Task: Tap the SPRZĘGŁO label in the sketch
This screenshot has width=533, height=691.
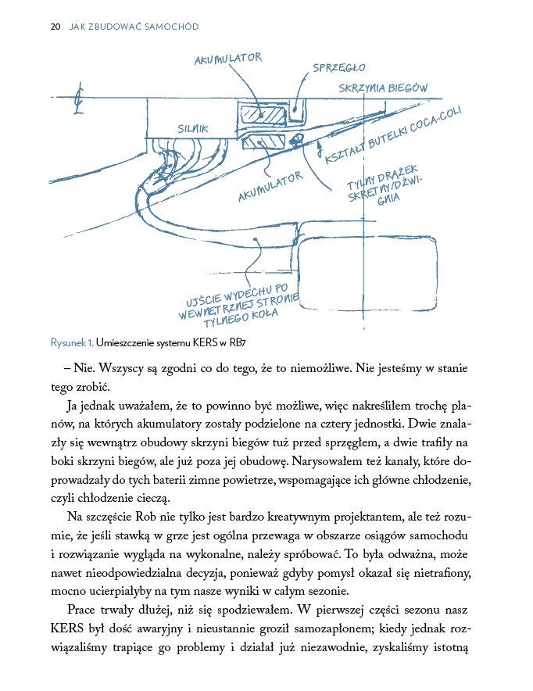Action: pos(338,68)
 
